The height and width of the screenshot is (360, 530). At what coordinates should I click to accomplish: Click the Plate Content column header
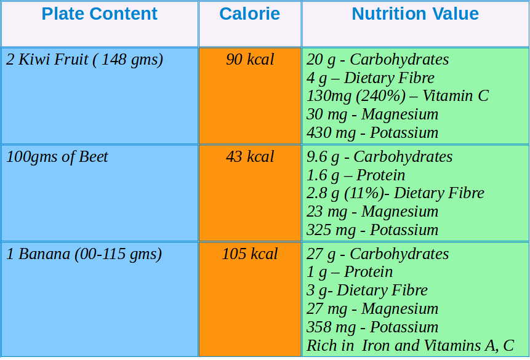[x=100, y=14]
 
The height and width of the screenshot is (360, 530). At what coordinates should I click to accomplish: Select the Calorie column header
[x=249, y=14]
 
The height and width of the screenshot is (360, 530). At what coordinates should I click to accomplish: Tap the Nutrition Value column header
[x=416, y=14]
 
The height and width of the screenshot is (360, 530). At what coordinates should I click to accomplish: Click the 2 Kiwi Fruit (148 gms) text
[x=85, y=60]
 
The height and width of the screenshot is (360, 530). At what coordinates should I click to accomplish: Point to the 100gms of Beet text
[x=57, y=157]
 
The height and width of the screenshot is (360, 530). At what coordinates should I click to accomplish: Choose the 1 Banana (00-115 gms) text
[x=84, y=254]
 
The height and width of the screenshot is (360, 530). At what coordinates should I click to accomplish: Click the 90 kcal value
[x=250, y=60]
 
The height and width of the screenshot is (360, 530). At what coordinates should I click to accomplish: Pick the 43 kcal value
[x=250, y=157]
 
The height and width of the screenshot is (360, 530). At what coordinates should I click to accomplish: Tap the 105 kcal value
[x=250, y=254]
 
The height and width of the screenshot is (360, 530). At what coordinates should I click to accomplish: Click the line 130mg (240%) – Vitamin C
[x=398, y=96]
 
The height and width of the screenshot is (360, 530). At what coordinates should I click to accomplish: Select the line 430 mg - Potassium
[x=372, y=132]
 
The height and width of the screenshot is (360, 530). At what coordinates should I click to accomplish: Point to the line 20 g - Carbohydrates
[x=377, y=60]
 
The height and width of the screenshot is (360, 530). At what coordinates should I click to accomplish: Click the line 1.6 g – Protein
[x=356, y=175]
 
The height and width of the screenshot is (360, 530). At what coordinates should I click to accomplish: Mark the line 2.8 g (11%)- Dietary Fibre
[x=395, y=193]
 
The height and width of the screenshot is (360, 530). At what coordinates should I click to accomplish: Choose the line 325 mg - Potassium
[x=372, y=230]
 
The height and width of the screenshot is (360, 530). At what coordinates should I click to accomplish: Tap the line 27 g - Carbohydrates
[x=377, y=254]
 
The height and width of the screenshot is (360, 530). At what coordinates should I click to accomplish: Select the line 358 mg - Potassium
[x=372, y=327]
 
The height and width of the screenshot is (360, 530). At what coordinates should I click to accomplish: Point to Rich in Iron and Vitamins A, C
[x=410, y=346]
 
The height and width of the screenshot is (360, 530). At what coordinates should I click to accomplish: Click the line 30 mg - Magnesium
[x=372, y=114]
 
